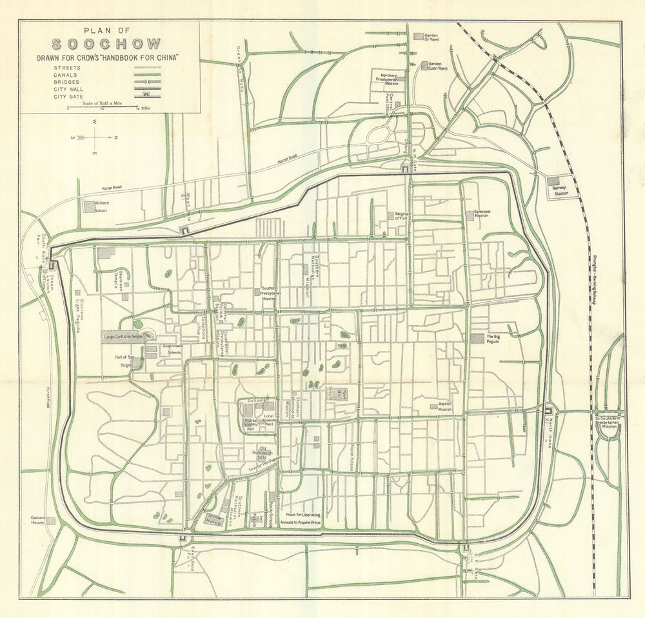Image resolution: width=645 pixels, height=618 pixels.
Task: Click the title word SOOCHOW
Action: click(x=107, y=45)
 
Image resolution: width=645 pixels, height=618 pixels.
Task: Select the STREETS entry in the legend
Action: click(x=68, y=67)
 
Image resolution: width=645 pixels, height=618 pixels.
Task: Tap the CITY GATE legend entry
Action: click(x=70, y=95)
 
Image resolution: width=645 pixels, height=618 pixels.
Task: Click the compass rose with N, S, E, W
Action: click(x=95, y=137)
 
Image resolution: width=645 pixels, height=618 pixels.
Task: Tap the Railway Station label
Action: click(x=557, y=191)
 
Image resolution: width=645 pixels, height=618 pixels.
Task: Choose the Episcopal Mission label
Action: click(x=481, y=213)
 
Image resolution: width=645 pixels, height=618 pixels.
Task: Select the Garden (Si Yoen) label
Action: click(x=433, y=37)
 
